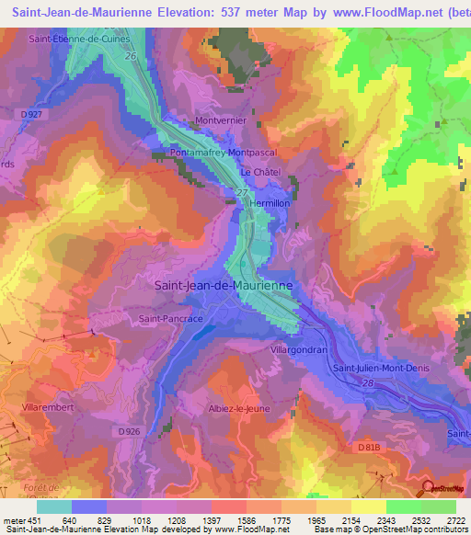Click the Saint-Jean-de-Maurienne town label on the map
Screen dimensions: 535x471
click(x=223, y=286)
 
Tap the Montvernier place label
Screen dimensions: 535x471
click(x=223, y=120)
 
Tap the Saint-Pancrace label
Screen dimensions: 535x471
click(x=170, y=318)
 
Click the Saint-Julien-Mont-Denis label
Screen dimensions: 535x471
click(x=377, y=369)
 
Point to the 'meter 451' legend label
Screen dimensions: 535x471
click(x=18, y=519)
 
